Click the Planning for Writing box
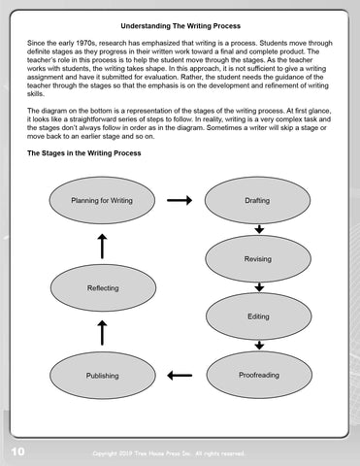(102, 201)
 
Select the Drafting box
(258, 201)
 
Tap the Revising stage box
(258, 258)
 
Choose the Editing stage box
(258, 316)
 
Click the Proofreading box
(258, 375)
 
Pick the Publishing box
(102, 375)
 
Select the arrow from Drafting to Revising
(259, 229)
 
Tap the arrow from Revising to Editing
(259, 287)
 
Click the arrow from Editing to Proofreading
(259, 346)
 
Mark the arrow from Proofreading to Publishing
(180, 375)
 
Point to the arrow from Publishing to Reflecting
(103, 333)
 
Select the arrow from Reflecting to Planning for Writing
(103, 246)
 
